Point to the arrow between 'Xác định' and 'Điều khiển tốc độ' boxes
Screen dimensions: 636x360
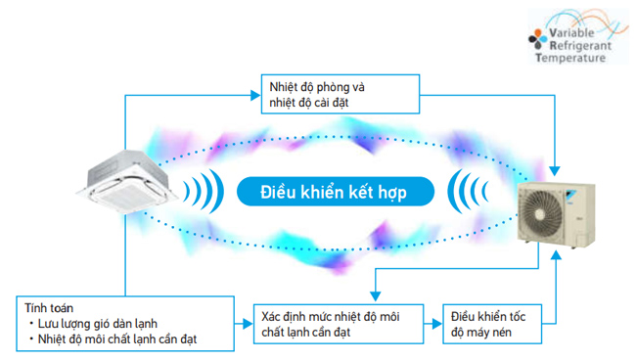click(432, 322)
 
